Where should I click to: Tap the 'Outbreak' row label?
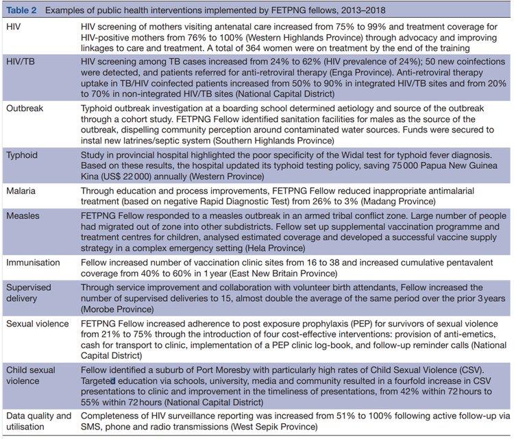pos(25,109)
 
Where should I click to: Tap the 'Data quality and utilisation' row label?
pos(38,420)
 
